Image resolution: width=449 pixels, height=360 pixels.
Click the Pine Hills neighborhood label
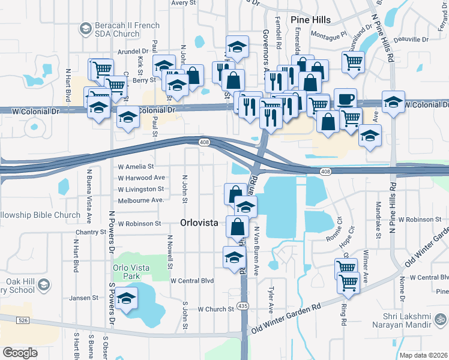310,20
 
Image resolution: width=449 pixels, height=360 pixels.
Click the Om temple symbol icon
441,319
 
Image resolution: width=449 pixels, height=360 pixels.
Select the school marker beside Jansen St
127,298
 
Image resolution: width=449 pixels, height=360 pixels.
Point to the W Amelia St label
136,166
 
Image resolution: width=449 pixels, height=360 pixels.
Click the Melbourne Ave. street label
141,200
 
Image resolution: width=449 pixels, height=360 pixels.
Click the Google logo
20,353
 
